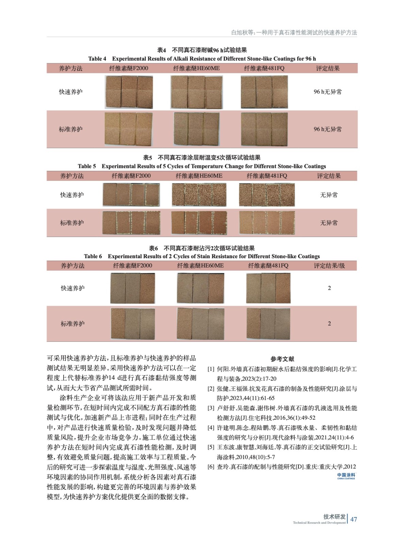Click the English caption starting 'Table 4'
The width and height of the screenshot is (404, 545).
point(202,59)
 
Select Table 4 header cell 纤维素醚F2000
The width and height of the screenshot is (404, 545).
point(129,68)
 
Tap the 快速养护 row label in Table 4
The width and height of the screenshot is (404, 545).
point(70,92)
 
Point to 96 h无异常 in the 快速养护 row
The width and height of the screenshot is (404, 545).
point(327,92)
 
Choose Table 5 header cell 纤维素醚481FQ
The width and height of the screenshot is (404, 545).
point(267,176)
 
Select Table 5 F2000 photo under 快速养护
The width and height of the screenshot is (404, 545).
point(131,194)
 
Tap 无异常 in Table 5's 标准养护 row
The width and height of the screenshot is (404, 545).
point(329,223)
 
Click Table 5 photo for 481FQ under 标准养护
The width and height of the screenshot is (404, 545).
point(267,223)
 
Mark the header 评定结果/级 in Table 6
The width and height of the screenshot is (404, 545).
point(329,266)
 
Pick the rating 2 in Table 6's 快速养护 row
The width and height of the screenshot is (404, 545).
point(329,288)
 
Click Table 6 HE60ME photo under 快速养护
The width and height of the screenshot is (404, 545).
point(200,288)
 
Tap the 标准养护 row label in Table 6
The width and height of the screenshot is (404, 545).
point(72,324)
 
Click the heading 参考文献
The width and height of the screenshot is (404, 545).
point(282,359)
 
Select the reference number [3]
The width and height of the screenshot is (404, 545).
point(211,408)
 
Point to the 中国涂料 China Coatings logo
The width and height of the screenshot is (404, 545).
point(346,476)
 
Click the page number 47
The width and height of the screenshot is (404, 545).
point(354,519)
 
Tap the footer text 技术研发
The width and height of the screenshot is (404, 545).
point(334,517)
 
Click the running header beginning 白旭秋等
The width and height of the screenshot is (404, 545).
point(294,32)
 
